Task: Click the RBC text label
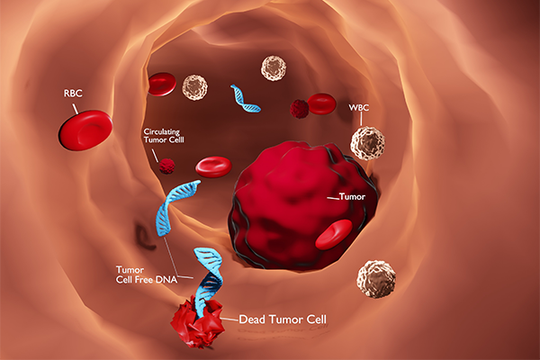pos(73,94)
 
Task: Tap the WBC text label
pos(359,108)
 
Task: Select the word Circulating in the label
pos(161,132)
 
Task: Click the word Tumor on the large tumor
pos(352,197)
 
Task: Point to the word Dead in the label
pos(252,319)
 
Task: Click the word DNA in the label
pos(166,279)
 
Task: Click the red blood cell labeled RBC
pos(85,130)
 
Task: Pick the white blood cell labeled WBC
pos(367,143)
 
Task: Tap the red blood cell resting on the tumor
pos(334,234)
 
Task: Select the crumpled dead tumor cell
pos(198,322)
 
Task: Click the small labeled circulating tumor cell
pos(167,166)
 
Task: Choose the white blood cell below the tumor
pos(376,279)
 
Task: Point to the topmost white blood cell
pos(274,68)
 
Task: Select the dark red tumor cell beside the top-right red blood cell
pos(300,109)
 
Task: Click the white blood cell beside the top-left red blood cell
pos(194,88)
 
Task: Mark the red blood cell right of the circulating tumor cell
pos(213,166)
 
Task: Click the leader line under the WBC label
pos(361,119)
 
